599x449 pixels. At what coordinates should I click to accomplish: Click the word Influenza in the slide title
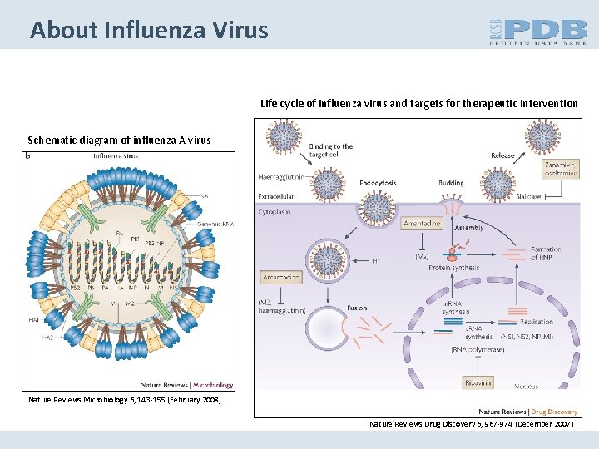click(x=152, y=31)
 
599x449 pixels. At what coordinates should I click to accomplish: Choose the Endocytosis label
click(x=378, y=183)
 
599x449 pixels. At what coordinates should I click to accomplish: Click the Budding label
click(x=450, y=183)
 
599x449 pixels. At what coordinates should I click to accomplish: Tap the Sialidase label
click(x=527, y=197)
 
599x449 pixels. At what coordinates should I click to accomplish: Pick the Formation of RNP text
click(x=545, y=254)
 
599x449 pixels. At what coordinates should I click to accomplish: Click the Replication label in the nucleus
click(x=536, y=320)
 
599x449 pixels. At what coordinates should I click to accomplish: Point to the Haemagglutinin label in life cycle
click(x=280, y=176)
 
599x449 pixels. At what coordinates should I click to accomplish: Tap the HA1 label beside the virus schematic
click(x=34, y=318)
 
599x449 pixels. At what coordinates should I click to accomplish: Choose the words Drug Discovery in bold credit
click(x=553, y=412)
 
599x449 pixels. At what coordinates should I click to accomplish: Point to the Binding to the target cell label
click(x=331, y=150)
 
